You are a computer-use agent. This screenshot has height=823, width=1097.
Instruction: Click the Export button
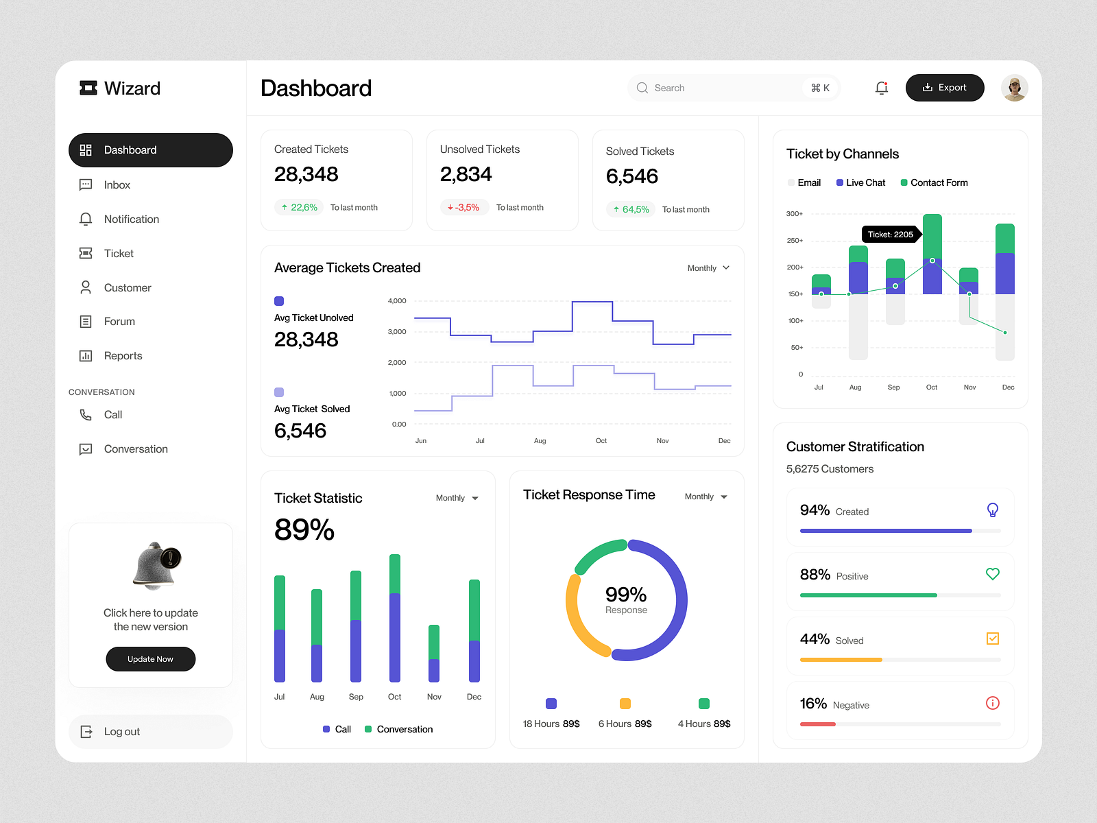tap(944, 88)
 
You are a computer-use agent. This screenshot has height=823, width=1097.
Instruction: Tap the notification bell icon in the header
tap(882, 88)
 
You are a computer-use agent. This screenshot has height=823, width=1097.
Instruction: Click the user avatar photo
tap(1014, 88)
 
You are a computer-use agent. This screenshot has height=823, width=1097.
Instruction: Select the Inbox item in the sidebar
tap(117, 185)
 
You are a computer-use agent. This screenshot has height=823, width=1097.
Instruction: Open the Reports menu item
tap(123, 356)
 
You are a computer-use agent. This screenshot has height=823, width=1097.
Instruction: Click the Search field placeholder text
tap(669, 88)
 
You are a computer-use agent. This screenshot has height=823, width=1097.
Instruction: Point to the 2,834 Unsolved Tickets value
tap(466, 174)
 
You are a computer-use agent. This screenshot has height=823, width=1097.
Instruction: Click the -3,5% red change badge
tap(464, 207)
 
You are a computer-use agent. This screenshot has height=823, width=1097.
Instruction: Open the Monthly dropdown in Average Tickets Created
tap(708, 268)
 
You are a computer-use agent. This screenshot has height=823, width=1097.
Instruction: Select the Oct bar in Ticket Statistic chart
tap(395, 617)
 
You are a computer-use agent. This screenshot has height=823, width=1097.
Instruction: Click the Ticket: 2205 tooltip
tap(890, 235)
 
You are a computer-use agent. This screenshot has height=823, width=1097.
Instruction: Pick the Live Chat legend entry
tap(861, 182)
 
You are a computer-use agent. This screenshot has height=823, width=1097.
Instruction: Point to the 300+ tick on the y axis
tap(794, 214)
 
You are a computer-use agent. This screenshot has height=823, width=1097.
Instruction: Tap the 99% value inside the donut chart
tap(625, 594)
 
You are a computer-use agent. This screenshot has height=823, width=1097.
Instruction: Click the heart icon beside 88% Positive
tap(992, 574)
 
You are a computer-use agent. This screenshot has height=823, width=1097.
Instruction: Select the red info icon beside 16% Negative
tap(992, 703)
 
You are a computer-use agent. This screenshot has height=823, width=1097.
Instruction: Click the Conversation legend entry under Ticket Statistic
tap(399, 729)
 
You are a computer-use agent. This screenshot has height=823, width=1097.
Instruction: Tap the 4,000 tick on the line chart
tap(397, 301)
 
